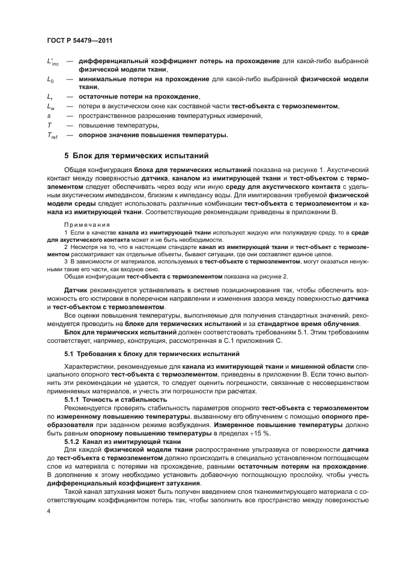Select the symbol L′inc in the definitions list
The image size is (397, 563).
click(x=53, y=62)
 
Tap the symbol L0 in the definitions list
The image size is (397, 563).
click(x=50, y=79)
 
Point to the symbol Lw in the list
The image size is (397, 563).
click(x=51, y=106)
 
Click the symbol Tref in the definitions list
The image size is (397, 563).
click(x=53, y=135)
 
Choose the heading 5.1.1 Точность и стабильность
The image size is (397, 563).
click(x=111, y=399)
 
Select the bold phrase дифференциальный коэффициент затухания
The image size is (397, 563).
click(x=115, y=484)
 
